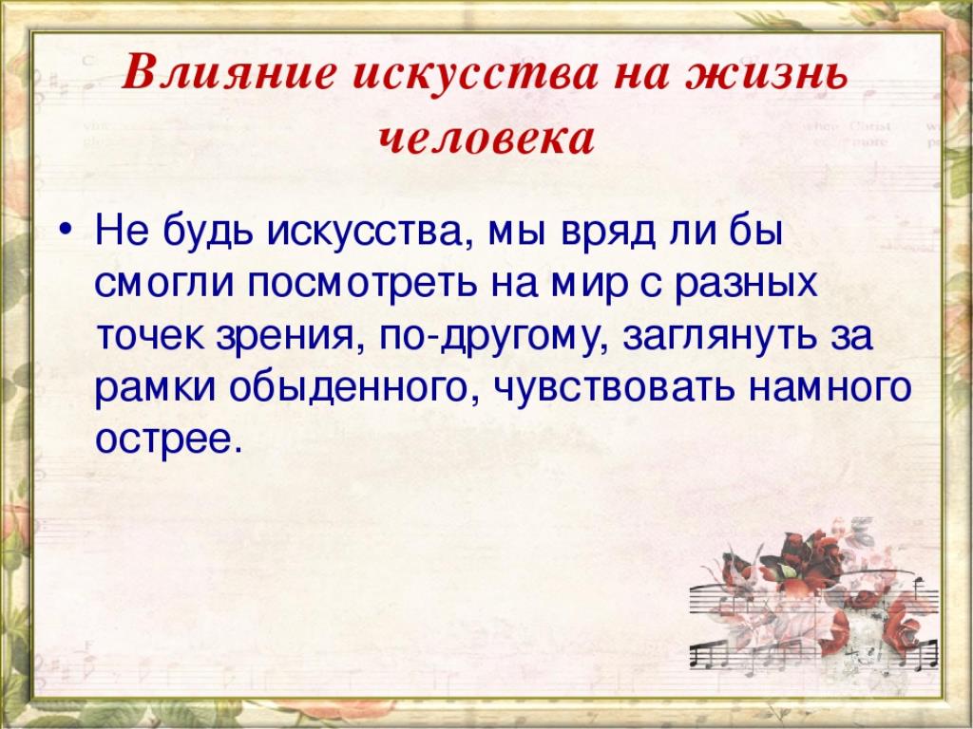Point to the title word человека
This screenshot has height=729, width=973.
click(x=486, y=139)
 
